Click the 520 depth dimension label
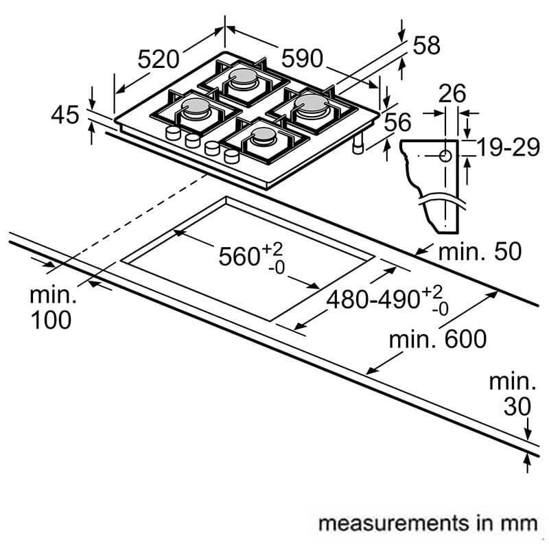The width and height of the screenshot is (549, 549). point(159,60)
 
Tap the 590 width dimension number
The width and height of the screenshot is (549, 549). point(303,59)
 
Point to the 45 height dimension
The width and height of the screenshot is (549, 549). point(66,115)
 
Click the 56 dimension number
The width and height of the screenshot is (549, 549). point(397,123)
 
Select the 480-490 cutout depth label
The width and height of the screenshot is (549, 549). point(374,299)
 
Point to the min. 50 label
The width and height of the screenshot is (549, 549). point(479,251)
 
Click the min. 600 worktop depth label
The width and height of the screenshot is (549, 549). point(437,338)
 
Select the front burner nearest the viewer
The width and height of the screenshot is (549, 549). point(263,136)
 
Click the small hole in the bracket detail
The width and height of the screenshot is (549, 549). point(445,156)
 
